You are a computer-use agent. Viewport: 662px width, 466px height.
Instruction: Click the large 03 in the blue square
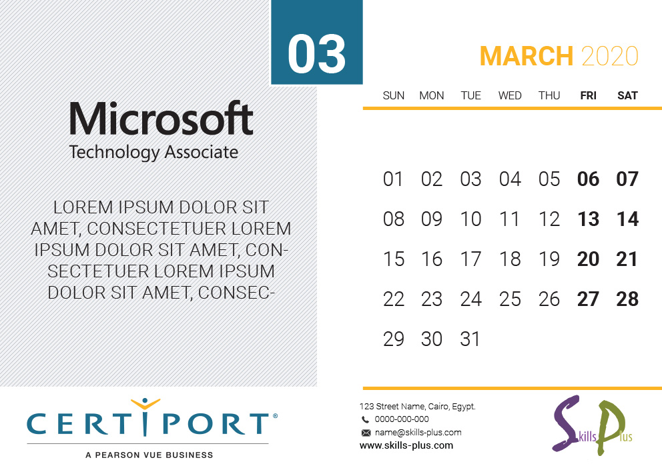(316, 54)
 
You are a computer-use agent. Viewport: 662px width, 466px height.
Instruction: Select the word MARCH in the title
(527, 56)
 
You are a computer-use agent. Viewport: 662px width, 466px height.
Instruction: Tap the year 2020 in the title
(610, 56)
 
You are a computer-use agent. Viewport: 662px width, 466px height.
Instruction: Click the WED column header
(510, 96)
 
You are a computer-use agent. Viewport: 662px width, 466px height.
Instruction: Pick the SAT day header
(627, 96)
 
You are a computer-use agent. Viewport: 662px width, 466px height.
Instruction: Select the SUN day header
(394, 96)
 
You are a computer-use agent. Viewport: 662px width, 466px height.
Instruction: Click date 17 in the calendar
(470, 259)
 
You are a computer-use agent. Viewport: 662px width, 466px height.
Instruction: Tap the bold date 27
(588, 299)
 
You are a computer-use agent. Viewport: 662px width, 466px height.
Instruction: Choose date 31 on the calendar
(470, 339)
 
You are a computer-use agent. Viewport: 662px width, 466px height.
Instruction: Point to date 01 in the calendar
(392, 179)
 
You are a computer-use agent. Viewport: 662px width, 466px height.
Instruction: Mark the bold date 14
(627, 219)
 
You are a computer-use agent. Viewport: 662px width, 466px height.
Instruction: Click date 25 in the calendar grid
(510, 299)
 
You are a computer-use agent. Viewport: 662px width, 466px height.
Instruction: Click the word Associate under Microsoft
(202, 152)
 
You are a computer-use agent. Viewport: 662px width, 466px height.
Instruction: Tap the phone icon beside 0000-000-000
(365, 419)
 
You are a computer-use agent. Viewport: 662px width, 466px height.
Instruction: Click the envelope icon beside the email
(366, 433)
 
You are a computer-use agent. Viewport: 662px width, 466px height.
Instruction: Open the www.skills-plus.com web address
(406, 445)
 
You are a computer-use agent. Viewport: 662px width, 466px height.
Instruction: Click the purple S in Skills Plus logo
(567, 423)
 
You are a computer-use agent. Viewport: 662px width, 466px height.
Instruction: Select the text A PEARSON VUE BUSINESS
(149, 455)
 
